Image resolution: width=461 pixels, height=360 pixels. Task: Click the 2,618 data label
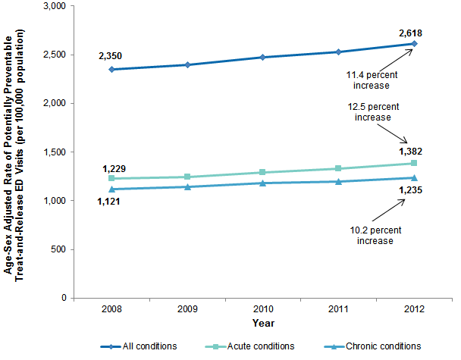(x=410, y=33)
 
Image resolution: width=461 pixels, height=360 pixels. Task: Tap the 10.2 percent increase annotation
(x=372, y=236)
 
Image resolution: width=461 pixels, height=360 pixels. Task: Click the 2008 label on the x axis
(x=111, y=310)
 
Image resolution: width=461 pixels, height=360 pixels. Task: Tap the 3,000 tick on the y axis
(x=56, y=6)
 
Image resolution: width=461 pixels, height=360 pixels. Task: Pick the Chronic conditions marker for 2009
(x=187, y=186)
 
